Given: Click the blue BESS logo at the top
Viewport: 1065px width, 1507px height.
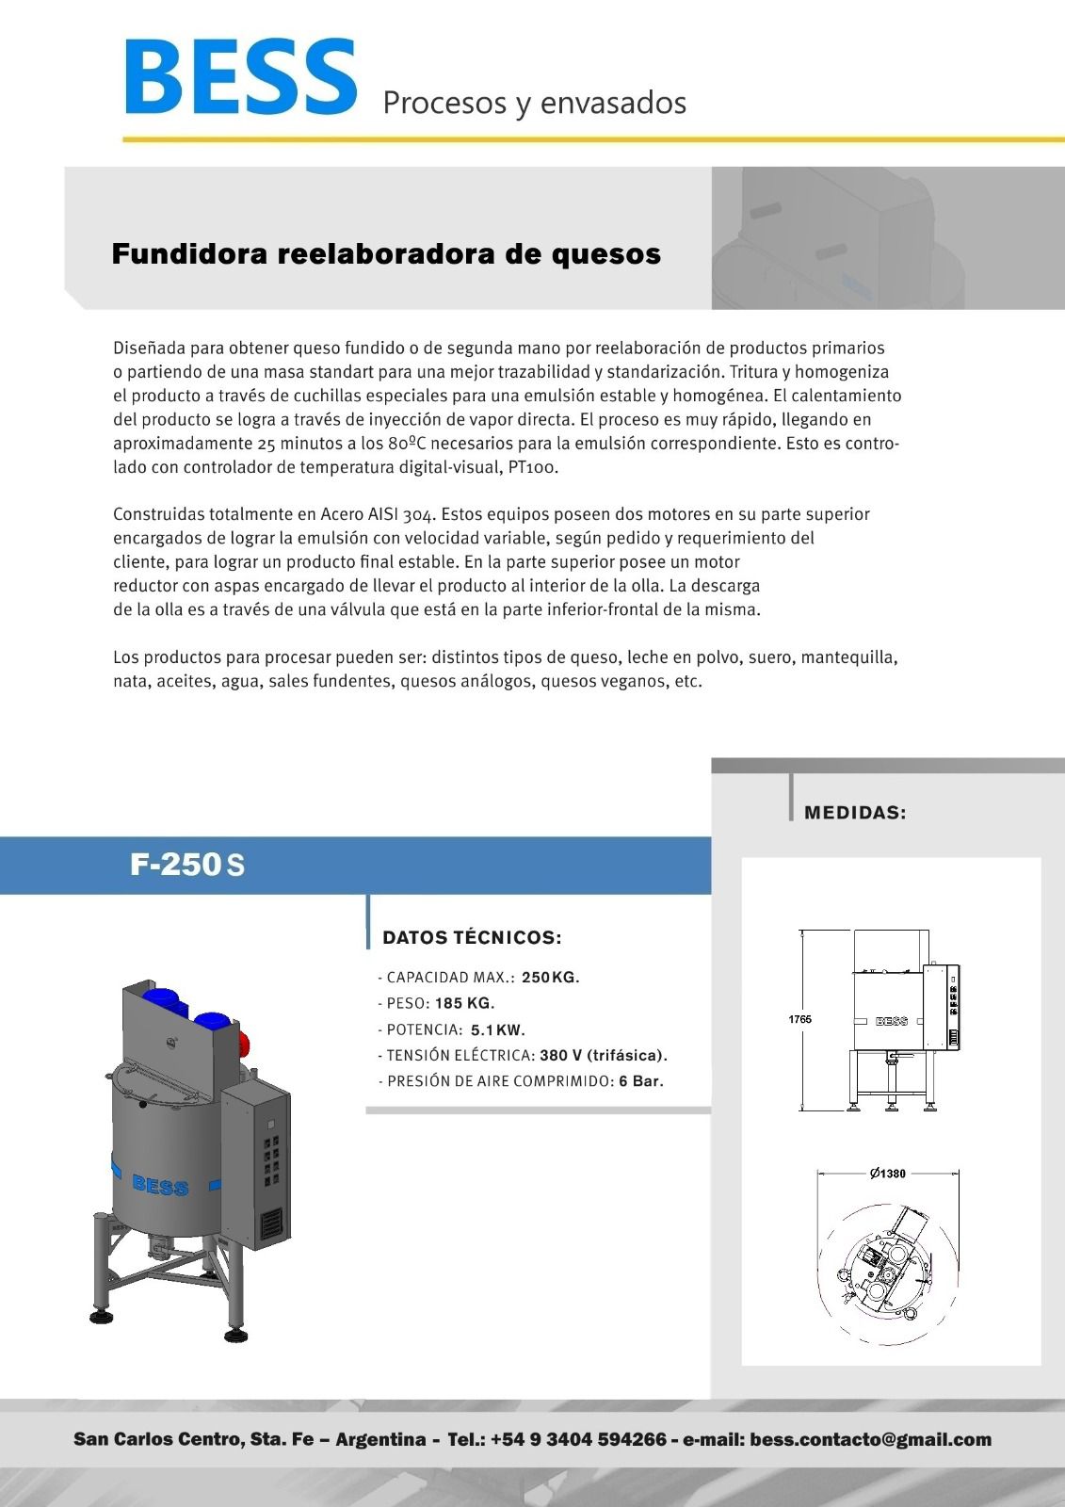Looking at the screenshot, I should (240, 77).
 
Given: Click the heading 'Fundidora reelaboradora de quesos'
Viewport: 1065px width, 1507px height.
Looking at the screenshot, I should (386, 253).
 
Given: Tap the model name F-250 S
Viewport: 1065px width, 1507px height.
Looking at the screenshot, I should (187, 865).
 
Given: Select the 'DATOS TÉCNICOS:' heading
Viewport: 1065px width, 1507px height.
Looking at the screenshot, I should (472, 937).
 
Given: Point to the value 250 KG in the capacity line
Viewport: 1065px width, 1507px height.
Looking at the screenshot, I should (551, 977).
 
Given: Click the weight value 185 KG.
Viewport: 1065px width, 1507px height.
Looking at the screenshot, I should (464, 1003).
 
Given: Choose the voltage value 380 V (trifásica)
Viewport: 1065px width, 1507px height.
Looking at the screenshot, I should (604, 1055).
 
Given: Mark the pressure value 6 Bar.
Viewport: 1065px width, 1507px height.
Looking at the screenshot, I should (641, 1081).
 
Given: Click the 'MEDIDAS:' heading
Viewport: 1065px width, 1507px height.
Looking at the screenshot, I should (855, 813).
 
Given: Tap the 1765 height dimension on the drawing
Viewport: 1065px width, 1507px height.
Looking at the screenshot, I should (799, 1019).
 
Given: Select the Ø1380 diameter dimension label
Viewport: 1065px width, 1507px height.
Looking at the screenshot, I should (888, 1174).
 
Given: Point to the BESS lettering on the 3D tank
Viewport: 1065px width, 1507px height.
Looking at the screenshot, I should (160, 1186).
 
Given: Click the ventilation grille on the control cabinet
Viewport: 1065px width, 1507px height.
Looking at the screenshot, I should (271, 1222).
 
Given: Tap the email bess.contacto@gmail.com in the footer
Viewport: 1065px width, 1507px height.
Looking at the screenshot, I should (870, 1439).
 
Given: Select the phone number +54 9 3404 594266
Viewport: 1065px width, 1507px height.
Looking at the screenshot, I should (578, 1439).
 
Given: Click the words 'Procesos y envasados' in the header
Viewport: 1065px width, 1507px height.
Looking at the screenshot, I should (534, 102).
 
